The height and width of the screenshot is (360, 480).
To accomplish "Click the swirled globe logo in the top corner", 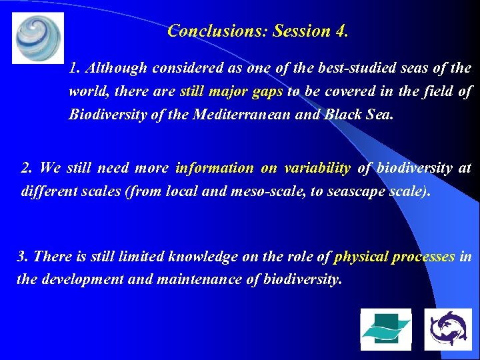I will [38, 38].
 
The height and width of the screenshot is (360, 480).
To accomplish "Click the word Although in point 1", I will [117, 69].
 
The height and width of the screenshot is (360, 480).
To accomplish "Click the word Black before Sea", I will [343, 114].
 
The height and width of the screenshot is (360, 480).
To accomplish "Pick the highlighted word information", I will [215, 169].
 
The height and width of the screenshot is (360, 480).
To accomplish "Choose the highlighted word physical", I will [361, 257].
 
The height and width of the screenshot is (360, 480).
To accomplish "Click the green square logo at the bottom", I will [386, 329].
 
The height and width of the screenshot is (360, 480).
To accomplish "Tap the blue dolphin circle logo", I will [448, 329].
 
